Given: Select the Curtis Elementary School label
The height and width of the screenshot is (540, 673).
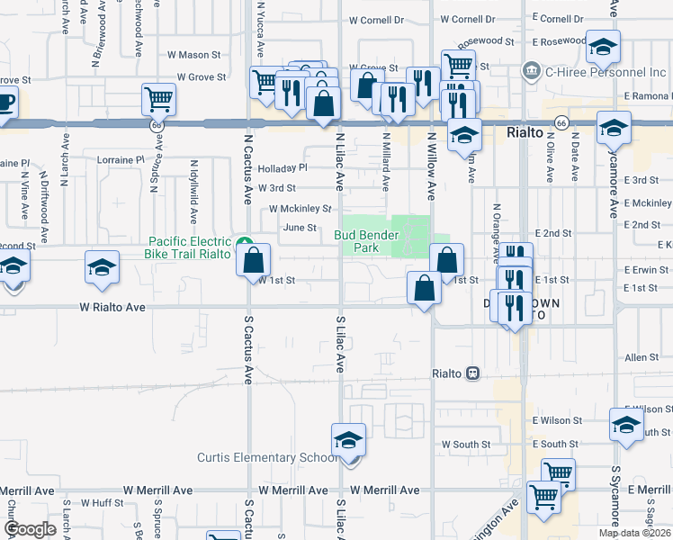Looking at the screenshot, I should [268, 457].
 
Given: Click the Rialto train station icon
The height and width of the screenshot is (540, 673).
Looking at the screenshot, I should [471, 373].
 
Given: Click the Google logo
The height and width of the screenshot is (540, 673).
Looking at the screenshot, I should [30, 528].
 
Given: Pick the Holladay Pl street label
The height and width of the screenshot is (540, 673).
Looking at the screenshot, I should [283, 168].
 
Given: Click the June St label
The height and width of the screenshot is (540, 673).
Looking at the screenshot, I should [301, 229].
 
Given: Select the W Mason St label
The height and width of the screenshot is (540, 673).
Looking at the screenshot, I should [193, 55].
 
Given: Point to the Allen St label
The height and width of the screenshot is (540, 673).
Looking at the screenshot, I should [642, 358].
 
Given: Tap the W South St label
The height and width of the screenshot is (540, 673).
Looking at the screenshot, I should [465, 445].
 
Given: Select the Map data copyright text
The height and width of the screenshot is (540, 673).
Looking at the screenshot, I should [634, 533].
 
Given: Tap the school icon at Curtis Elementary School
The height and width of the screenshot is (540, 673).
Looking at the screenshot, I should [348, 440].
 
